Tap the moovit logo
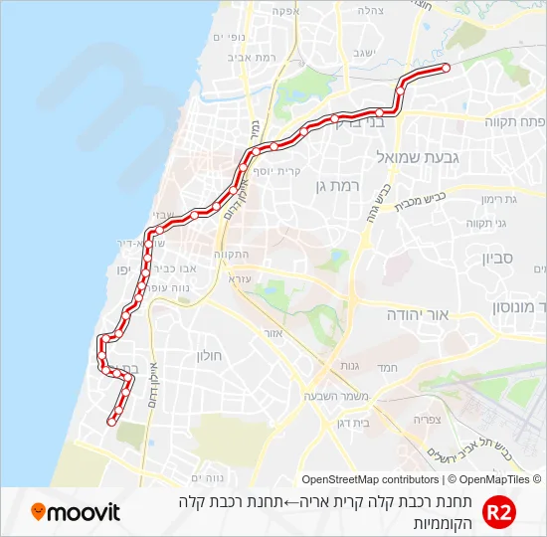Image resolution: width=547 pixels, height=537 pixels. coord(76,512)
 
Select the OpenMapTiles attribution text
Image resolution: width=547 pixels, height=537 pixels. coord(493,479)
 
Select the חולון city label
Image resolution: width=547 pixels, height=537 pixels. coord(210,354)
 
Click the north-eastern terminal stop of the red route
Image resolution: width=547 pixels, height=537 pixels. coord(446,68)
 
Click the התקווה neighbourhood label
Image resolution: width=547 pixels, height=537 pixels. coord(231,255)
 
